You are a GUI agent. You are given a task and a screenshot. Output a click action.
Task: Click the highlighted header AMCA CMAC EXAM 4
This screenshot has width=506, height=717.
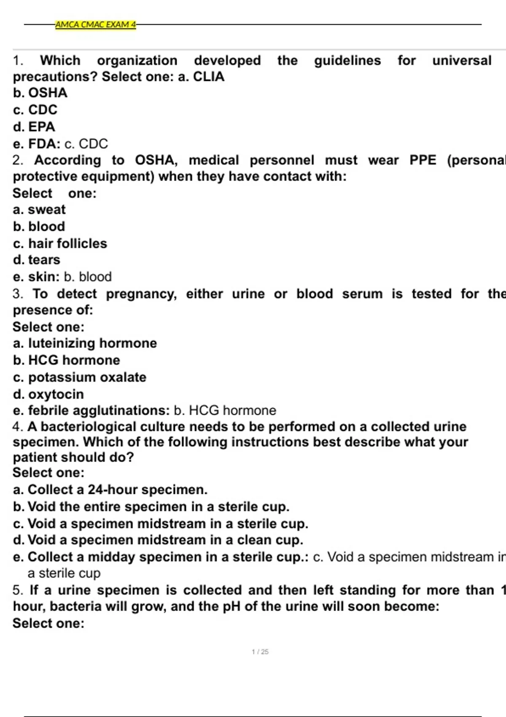coord(95,24)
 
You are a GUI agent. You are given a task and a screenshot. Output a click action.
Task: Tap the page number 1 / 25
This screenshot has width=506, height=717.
coord(260,652)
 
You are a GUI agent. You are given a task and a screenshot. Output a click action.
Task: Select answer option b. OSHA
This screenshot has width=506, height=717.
coord(40,93)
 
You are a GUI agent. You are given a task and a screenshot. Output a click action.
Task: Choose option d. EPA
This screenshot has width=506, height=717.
coord(34,127)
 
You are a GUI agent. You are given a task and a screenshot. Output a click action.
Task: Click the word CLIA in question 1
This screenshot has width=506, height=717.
coord(208,77)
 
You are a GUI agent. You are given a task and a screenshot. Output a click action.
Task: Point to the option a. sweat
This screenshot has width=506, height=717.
coord(39,210)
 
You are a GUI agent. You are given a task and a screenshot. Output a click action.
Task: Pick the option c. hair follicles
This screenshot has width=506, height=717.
coord(60,243)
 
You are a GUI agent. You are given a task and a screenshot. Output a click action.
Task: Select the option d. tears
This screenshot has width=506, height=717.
coord(37,260)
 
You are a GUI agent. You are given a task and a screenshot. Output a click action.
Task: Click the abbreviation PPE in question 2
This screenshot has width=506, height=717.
coord(423,160)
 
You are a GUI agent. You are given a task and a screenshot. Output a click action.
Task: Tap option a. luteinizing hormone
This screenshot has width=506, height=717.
coord(85,343)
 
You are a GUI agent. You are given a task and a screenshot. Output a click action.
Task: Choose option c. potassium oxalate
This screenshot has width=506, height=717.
coord(80,377)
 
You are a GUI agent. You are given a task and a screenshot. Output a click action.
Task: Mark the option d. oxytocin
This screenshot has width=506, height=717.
coord(48,394)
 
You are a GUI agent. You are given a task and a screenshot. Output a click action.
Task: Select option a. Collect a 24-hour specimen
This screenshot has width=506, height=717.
coord(110,490)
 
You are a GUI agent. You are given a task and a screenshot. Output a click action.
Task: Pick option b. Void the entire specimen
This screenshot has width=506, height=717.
coord(151,507)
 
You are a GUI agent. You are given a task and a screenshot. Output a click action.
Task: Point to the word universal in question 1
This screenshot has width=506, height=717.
coord(462,61)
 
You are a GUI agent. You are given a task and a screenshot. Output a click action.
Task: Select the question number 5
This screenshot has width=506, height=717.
coord(17,590)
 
